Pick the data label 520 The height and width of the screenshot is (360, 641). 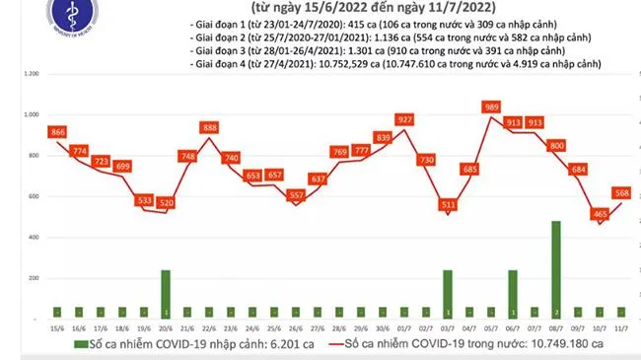click(166, 202)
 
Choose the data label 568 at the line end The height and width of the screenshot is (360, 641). click(624, 193)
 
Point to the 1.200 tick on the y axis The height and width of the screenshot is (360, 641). click(30, 74)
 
